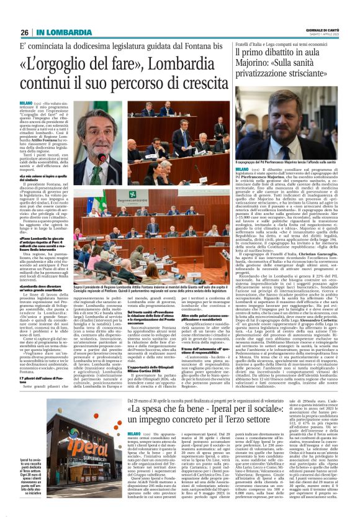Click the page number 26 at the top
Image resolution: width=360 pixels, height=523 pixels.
pos(24,32)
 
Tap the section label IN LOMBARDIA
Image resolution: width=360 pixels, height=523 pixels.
pos(60,32)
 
